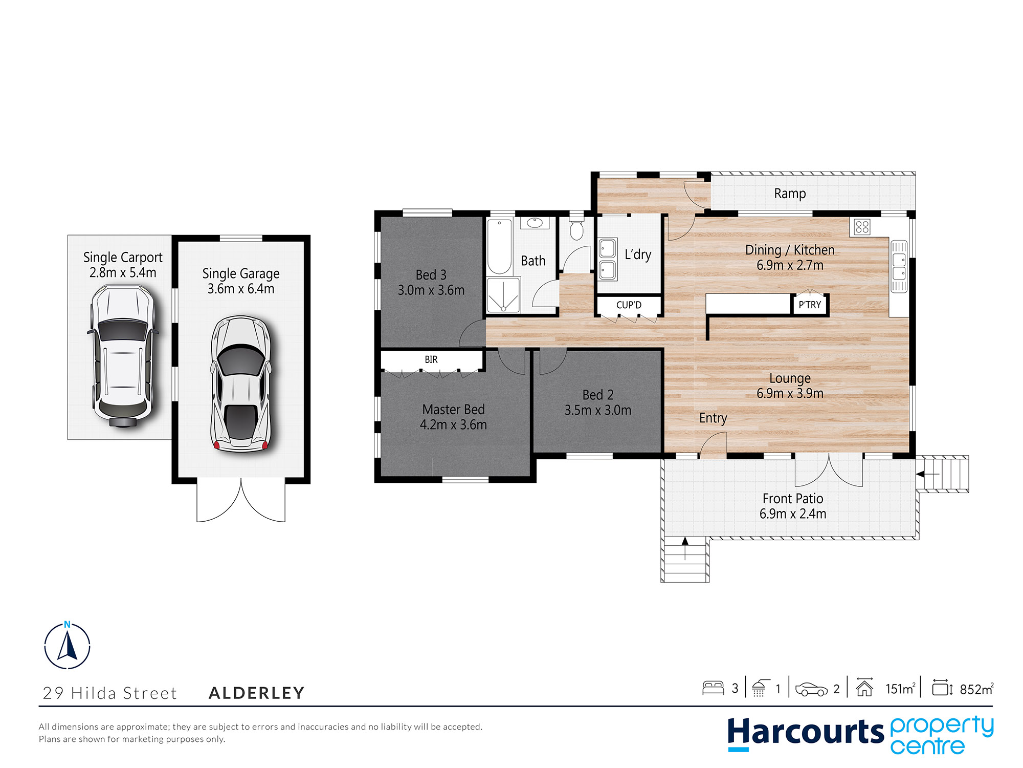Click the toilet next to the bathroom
[576, 229]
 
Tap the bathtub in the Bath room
[499, 247]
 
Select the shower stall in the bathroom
[503, 295]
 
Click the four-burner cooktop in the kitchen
[862, 227]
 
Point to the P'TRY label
[810, 305]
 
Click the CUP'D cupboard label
[629, 305]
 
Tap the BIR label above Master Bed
[431, 360]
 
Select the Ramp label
[790, 194]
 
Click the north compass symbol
[67, 646]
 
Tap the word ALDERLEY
[257, 693]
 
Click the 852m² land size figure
[976, 689]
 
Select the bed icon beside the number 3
[713, 688]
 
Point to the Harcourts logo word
[805, 732]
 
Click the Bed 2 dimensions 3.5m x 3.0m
[597, 410]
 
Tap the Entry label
[713, 418]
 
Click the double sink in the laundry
[607, 259]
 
